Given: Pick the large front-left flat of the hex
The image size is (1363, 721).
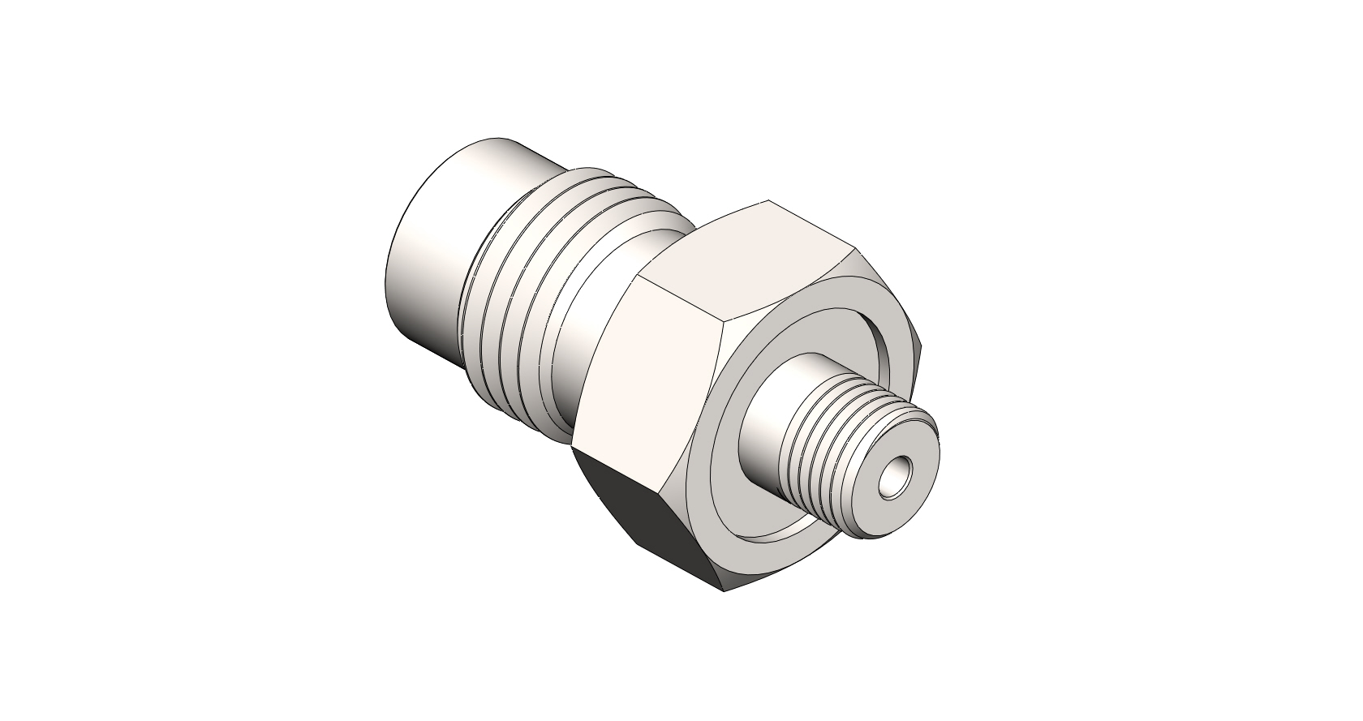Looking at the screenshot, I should tap(649, 365).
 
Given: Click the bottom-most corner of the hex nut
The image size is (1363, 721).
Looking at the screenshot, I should tap(724, 590).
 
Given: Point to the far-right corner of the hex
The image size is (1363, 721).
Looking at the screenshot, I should tap(921, 345).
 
